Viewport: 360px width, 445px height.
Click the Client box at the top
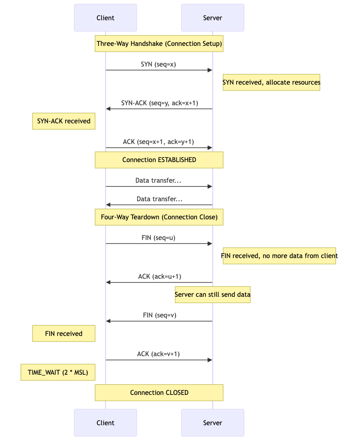tap(105, 18)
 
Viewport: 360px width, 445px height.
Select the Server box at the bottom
tap(212, 423)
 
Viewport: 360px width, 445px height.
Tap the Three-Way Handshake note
tap(159, 44)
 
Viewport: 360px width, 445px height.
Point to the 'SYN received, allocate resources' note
tap(271, 83)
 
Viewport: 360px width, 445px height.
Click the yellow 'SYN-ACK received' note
tap(64, 121)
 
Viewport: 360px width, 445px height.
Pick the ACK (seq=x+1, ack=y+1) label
tap(158, 142)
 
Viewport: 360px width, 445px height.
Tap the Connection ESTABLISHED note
tap(159, 160)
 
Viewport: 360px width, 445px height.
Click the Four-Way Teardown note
tap(159, 217)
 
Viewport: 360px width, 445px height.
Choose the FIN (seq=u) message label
tap(158, 237)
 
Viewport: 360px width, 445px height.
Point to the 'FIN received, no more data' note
tap(279, 256)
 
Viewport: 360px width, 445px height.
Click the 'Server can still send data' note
tap(212, 295)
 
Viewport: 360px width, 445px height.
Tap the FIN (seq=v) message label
tap(158, 315)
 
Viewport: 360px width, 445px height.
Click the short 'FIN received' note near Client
tap(64, 333)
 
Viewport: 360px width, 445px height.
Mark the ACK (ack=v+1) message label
tap(158, 354)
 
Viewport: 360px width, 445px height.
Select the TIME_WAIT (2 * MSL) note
tap(58, 372)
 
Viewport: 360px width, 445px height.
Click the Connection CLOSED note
tap(159, 392)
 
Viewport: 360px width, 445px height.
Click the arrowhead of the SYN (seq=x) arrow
tap(210, 70)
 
